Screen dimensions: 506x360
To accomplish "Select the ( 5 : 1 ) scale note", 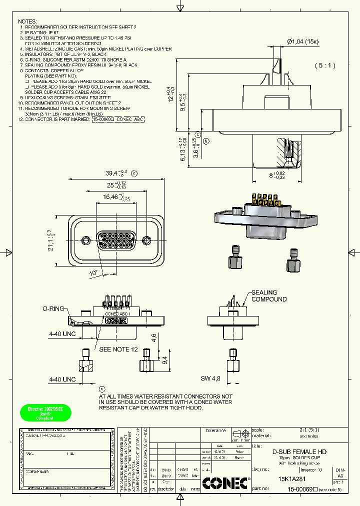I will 324,65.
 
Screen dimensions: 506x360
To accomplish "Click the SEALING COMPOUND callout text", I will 269,296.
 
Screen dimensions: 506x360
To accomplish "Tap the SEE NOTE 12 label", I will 118,349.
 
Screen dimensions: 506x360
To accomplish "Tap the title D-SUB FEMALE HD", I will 299,451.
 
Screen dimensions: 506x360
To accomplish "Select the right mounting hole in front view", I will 146,239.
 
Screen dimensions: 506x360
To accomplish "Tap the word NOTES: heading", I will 27,21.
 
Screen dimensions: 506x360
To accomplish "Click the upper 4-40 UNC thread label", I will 62,332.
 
